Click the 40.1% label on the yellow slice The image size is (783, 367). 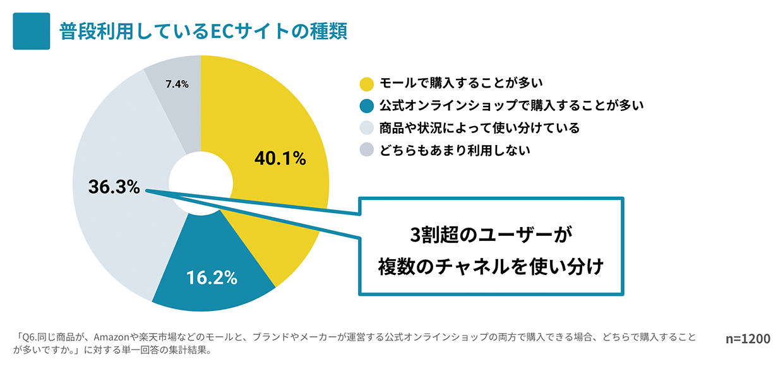(x=280, y=159)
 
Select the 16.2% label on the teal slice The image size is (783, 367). (x=212, y=277)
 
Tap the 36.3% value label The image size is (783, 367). (x=114, y=187)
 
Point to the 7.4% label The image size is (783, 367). (x=176, y=83)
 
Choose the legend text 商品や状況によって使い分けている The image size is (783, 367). (x=479, y=128)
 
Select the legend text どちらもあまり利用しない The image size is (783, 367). (x=455, y=150)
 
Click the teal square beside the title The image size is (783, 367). (x=31, y=32)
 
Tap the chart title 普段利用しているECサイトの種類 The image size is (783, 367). (x=203, y=32)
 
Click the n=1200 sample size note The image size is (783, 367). (x=748, y=339)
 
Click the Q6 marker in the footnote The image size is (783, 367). (x=30, y=337)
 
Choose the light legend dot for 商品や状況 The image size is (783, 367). (x=366, y=128)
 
